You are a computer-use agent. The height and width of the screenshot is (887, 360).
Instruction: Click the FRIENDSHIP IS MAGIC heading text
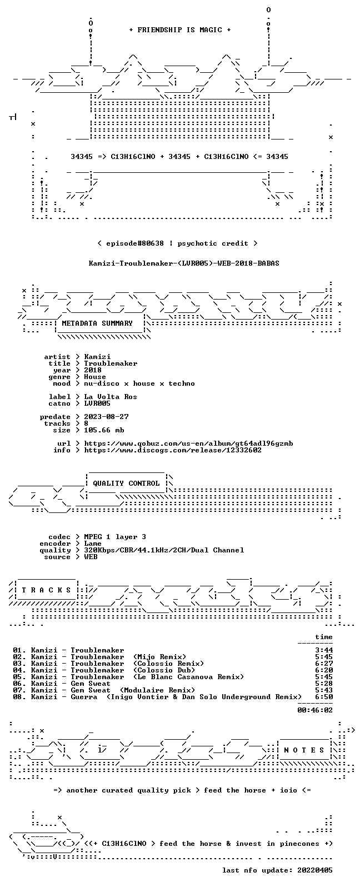(x=180, y=29)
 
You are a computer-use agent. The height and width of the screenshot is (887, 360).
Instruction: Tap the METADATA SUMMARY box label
(x=97, y=323)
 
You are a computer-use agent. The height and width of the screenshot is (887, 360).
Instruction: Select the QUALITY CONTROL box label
(x=126, y=483)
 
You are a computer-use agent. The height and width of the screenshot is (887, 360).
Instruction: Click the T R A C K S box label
(x=46, y=590)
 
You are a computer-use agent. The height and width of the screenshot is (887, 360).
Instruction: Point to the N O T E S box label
(x=304, y=750)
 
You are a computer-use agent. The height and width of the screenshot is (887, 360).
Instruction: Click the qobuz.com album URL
(x=188, y=443)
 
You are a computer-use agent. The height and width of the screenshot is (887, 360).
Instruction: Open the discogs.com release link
(x=173, y=450)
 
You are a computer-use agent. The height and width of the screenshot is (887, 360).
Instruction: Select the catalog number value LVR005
(x=97, y=403)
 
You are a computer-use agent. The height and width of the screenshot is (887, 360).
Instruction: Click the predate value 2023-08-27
(x=106, y=417)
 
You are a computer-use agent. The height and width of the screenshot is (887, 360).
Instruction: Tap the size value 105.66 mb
(x=104, y=430)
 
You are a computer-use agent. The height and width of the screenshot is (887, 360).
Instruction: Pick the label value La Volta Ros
(x=111, y=397)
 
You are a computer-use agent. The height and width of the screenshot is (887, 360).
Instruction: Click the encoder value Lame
(x=93, y=544)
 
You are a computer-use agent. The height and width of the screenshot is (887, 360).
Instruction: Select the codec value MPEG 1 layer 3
(x=115, y=537)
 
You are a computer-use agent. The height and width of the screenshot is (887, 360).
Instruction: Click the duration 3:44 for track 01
(x=324, y=650)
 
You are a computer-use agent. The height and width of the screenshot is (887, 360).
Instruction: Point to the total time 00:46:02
(x=315, y=710)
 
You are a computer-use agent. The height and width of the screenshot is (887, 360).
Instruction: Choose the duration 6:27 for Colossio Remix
(x=324, y=664)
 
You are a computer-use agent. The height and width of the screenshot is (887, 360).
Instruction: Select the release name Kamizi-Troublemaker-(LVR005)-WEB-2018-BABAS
(x=184, y=263)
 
